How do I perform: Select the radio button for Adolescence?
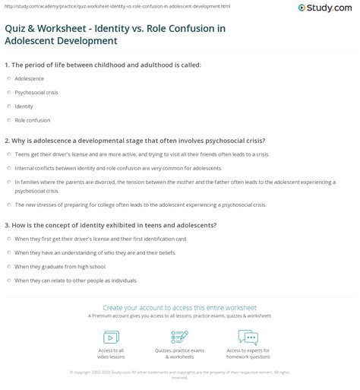pyautogui.click(x=8, y=78)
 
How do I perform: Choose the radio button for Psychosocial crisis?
pyautogui.click(x=8, y=92)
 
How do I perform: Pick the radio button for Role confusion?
pyautogui.click(x=8, y=120)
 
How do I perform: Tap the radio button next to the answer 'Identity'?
pyautogui.click(x=8, y=106)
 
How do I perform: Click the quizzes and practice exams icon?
pyautogui.click(x=179, y=337)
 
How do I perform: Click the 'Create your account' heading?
pyautogui.click(x=179, y=307)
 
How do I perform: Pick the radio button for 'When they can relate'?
pyautogui.click(x=8, y=281)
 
